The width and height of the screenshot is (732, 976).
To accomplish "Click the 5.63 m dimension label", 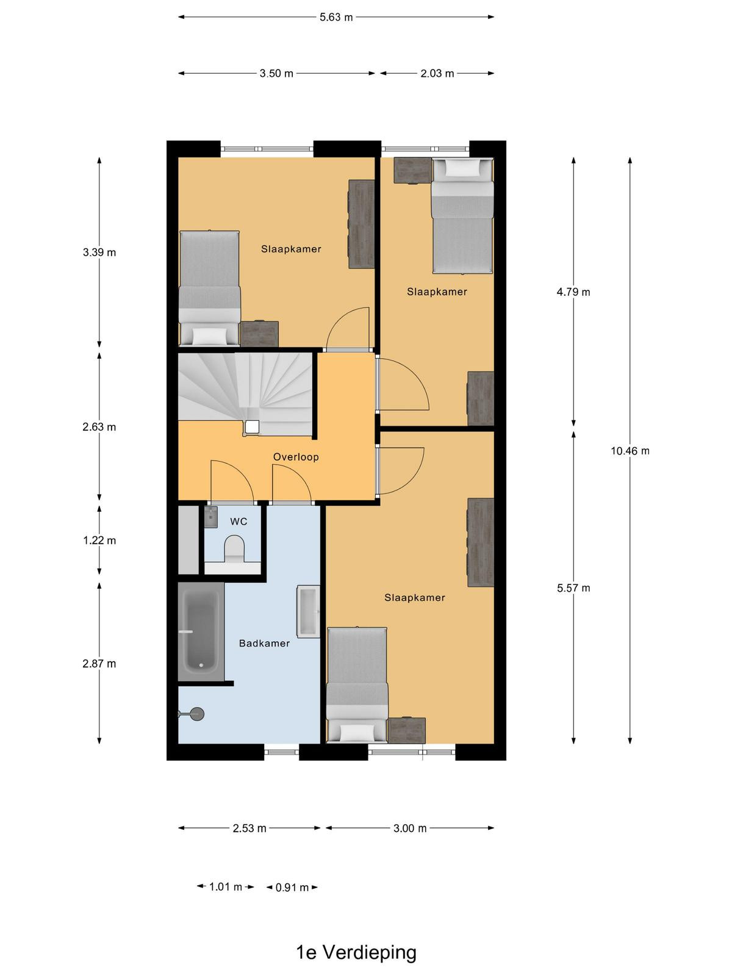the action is click(336, 17).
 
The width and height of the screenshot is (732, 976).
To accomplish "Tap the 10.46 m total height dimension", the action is click(630, 451).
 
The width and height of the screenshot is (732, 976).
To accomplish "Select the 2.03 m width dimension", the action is click(437, 73).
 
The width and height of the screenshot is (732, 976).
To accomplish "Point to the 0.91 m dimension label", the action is click(292, 888).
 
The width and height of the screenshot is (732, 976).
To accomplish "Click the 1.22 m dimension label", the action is click(99, 540).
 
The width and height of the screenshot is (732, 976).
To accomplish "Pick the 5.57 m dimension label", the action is click(573, 588).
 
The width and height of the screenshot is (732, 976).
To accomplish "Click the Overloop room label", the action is click(296, 457).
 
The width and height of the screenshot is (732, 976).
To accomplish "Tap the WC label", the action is click(239, 521).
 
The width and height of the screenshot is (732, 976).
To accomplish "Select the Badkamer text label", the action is click(264, 643).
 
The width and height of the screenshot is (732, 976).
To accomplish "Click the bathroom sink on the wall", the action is click(309, 611).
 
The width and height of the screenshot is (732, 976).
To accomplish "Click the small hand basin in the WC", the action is click(211, 517).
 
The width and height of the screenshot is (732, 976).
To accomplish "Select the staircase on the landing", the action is click(247, 394).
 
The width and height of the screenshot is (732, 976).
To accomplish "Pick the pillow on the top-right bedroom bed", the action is click(463, 168).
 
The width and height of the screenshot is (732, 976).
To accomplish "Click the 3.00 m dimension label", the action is click(410, 828).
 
